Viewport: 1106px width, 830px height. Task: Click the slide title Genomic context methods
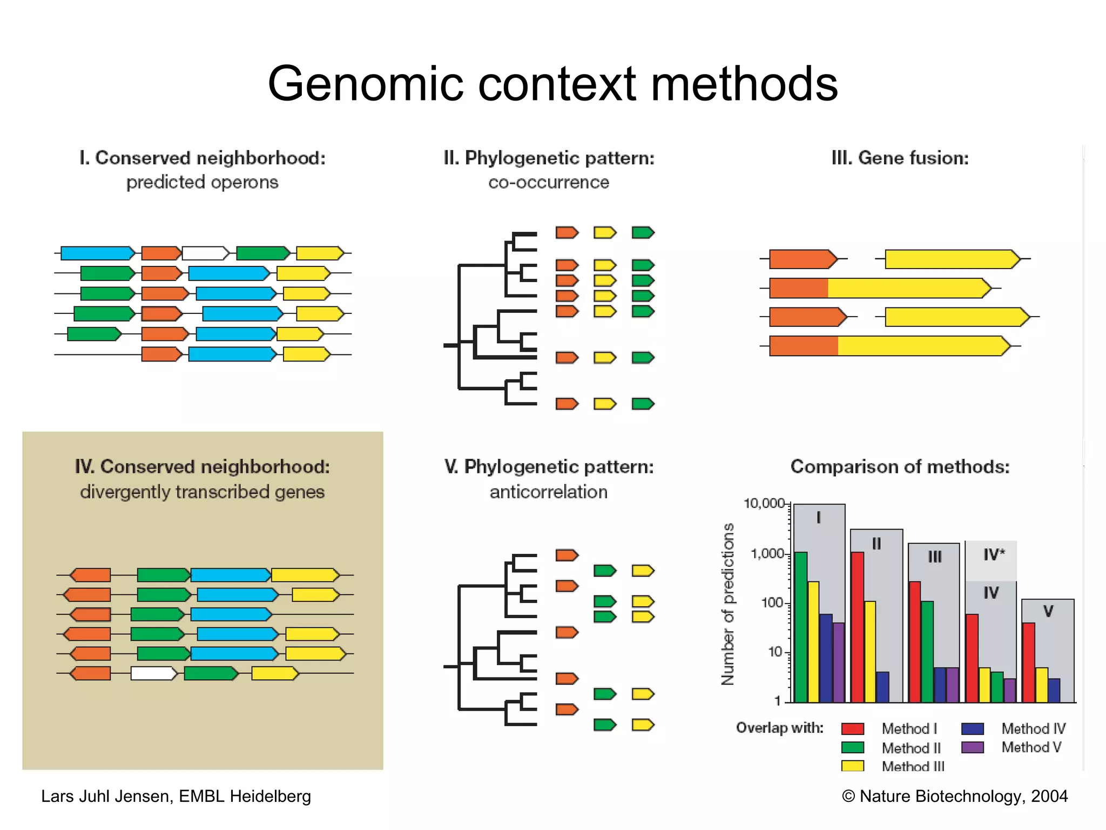tap(552, 84)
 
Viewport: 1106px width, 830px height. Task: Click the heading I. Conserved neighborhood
tap(203, 158)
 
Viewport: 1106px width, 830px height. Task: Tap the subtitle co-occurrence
tap(549, 183)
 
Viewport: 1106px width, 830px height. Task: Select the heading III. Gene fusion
tap(900, 158)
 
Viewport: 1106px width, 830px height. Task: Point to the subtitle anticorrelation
tap(549, 492)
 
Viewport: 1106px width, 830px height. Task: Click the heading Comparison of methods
tap(900, 466)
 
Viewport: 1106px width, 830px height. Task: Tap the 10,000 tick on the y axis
tap(764, 504)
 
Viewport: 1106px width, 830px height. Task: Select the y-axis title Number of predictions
tap(728, 604)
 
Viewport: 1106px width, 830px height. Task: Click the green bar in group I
tap(801, 627)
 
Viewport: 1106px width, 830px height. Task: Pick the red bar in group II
tap(858, 627)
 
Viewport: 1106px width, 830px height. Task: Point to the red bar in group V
tap(1029, 662)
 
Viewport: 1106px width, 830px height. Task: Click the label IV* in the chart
tap(994, 554)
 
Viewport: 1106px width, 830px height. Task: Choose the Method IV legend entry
tap(1033, 728)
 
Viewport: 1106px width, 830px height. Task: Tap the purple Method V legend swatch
tap(973, 747)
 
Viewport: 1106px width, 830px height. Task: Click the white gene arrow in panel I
tap(205, 253)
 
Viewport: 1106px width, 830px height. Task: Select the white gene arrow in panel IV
tap(153, 673)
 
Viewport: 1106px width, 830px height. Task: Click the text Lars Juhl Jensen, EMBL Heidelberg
tap(176, 796)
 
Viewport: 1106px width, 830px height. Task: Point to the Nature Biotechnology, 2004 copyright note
tap(955, 796)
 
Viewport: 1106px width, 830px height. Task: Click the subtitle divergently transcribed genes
tap(203, 492)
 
